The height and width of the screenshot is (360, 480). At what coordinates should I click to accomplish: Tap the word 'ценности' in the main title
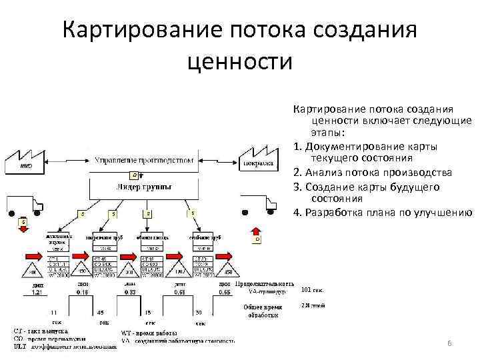[x=241, y=62]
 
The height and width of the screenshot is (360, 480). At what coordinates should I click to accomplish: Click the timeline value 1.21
[x=37, y=292]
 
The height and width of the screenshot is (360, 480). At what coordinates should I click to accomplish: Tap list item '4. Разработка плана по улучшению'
[x=382, y=213]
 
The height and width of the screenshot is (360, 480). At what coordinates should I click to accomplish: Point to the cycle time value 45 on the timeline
[x=100, y=312]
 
